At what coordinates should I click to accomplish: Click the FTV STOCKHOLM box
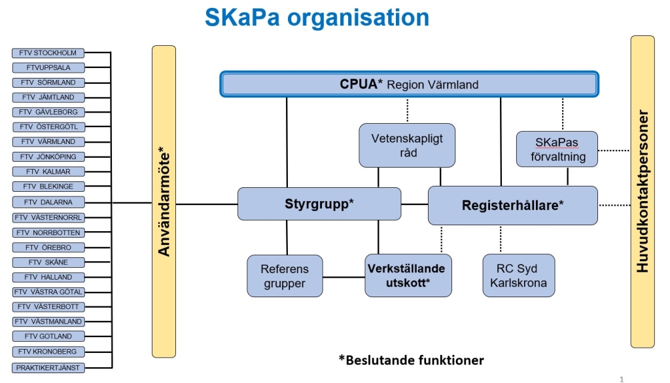[x=48, y=53]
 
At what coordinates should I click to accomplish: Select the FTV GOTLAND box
[x=48, y=337]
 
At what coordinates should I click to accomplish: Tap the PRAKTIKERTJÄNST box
[x=48, y=367]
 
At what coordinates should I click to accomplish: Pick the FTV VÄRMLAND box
[x=48, y=141]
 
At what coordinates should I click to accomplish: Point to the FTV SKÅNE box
[x=48, y=262]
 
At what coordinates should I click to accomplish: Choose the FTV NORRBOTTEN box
[x=48, y=232]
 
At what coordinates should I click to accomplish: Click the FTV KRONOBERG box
[x=48, y=352]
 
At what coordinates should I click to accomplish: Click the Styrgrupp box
[x=319, y=204]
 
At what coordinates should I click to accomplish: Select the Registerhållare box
[x=513, y=205]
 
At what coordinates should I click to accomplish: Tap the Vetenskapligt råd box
[x=407, y=145]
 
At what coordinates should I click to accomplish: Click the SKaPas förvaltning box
[x=557, y=149]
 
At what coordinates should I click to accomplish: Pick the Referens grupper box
[x=285, y=276]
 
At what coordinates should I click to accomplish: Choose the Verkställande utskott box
[x=408, y=276]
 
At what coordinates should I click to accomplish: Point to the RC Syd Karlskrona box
[x=519, y=276]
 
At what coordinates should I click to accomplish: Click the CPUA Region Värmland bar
[x=410, y=84]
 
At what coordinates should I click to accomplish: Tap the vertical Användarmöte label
[x=164, y=202]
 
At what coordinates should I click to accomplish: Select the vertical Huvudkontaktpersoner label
[x=643, y=191]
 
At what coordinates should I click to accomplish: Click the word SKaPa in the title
[x=242, y=18]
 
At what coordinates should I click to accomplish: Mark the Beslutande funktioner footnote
[x=412, y=360]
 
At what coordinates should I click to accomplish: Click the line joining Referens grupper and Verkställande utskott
[x=344, y=278]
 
